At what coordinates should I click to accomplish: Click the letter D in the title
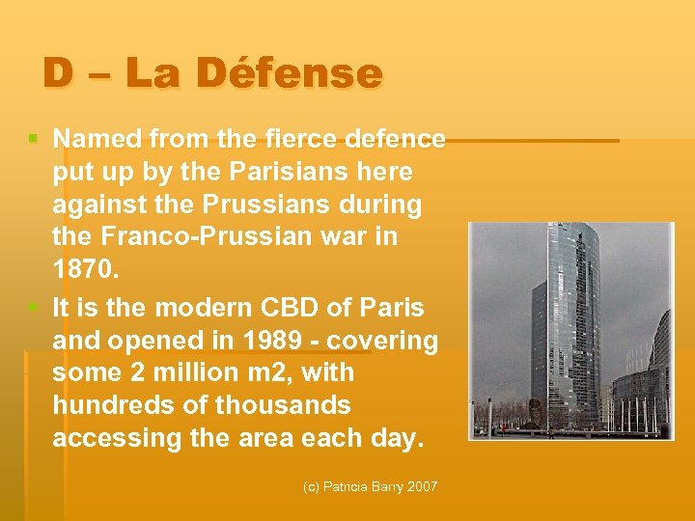coord(58,73)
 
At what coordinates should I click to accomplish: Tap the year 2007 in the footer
coord(422,487)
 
